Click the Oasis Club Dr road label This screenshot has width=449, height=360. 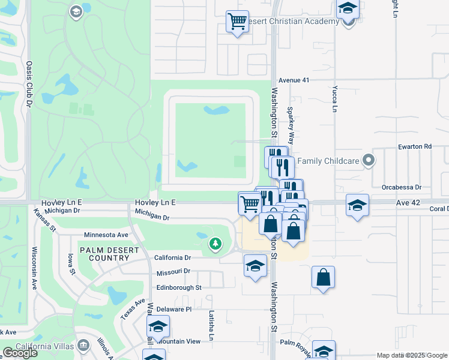(x=28, y=83)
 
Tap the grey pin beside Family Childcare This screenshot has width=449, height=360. (x=370, y=160)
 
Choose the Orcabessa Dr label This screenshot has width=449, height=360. (x=402, y=187)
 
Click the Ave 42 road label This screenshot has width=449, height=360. (x=408, y=203)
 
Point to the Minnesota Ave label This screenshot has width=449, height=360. (x=106, y=235)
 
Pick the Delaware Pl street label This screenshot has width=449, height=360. (x=173, y=309)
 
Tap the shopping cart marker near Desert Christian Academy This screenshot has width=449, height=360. (x=237, y=22)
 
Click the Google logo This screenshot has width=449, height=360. (x=20, y=353)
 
